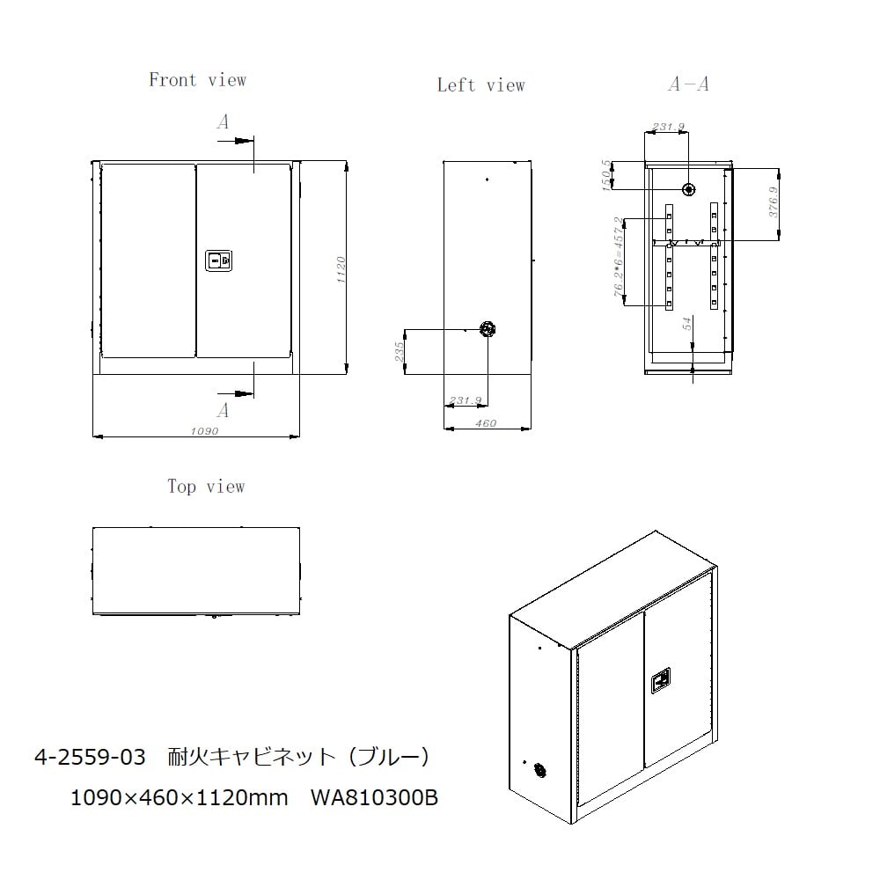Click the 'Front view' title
coord(197,80)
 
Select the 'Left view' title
coord(481,85)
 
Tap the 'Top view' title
coord(206,486)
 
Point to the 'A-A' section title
coord(689,84)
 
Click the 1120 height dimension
coord(341,269)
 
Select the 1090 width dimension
coord(204,431)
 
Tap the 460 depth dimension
coord(486,423)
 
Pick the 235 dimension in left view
coord(399,352)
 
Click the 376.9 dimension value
coord(774,202)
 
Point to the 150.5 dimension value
coord(606,175)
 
